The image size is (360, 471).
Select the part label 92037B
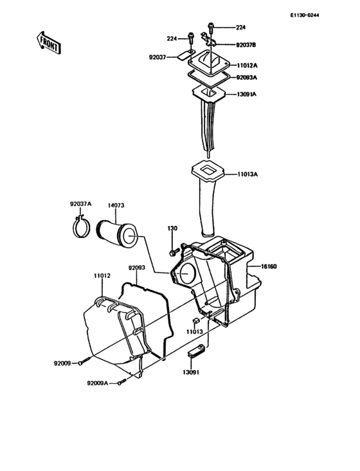click(246, 45)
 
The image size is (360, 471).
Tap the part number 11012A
click(246, 66)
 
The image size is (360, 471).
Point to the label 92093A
click(246, 78)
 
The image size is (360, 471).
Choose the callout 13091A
click(246, 95)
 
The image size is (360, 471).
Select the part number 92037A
click(81, 205)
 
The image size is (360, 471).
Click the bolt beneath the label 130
click(172, 250)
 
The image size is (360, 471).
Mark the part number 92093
click(136, 267)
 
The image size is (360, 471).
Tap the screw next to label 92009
click(84, 363)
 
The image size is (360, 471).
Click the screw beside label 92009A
click(120, 383)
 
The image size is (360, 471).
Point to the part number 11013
click(196, 332)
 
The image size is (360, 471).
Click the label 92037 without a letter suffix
click(158, 57)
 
